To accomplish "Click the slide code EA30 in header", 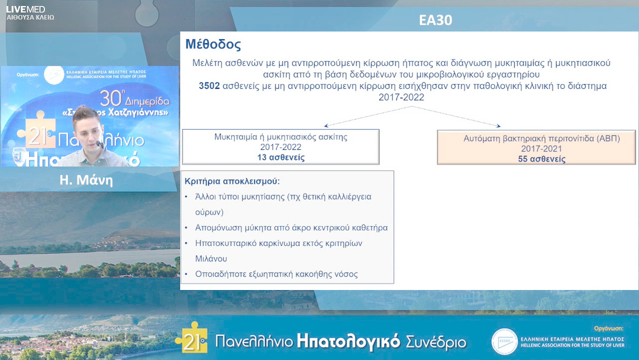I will [435, 20].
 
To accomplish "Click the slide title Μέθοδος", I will [212, 45].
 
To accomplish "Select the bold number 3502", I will [209, 86].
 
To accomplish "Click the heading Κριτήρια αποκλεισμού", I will [232, 181].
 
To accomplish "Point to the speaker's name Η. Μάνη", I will [86, 181].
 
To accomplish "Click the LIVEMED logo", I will [25, 9].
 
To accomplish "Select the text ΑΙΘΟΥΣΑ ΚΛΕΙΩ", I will [30, 18].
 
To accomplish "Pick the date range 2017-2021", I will [541, 149].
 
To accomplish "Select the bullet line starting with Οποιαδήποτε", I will [276, 274].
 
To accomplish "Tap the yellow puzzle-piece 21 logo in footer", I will [191, 339].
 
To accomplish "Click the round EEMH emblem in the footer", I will [504, 342].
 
